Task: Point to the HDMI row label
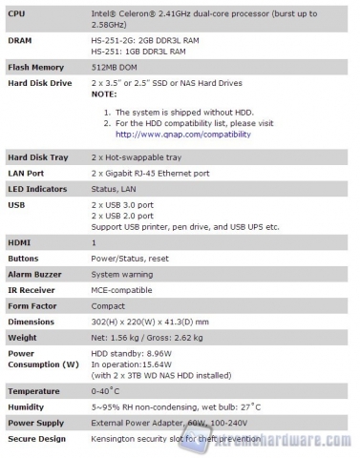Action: pos(20,243)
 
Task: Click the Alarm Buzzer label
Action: pos(35,275)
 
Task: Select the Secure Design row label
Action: pos(36,438)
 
